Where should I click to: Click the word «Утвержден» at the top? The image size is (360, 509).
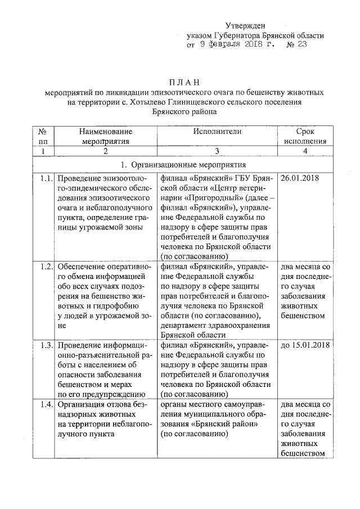tap(245, 25)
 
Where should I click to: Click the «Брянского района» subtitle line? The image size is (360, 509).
tap(184, 112)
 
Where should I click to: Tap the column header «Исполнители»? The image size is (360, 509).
tap(217, 131)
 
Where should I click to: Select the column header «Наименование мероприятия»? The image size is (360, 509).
tap(105, 136)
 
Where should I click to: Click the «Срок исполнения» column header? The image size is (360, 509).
tap(304, 136)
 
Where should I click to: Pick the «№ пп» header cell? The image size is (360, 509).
tap(42, 136)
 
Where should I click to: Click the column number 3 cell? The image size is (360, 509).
tap(217, 151)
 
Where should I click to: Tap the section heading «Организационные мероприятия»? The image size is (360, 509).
tap(188, 165)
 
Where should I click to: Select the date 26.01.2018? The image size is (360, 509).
tap(299, 179)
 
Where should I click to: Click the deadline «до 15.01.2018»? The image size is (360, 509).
tap(304, 344)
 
